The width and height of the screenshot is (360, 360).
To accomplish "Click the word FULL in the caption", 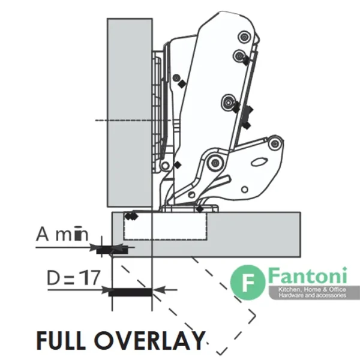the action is click(x=61, y=340).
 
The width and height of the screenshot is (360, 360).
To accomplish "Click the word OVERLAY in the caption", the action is click(x=149, y=340).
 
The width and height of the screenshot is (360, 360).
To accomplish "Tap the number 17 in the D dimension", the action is click(x=91, y=277).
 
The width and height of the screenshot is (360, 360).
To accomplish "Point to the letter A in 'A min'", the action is click(x=43, y=234).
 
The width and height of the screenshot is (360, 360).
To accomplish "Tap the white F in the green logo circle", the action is click(x=248, y=283).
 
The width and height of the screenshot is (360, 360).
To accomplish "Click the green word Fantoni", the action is click(x=307, y=275).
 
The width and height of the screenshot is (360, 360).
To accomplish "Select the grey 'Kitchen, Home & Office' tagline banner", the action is click(x=314, y=293).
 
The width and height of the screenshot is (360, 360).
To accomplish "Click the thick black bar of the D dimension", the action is click(x=130, y=292).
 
